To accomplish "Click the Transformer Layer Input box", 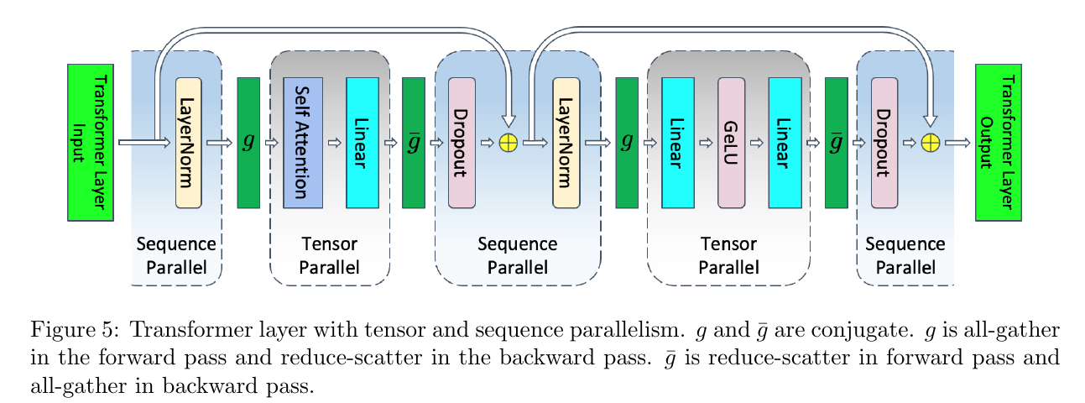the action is tap(91, 143).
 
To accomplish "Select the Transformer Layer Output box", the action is tap(999, 143).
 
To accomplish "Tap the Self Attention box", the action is tap(303, 143).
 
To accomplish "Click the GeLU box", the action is tap(731, 143).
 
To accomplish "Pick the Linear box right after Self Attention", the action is tap(363, 143).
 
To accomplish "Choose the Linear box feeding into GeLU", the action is tap(678, 143).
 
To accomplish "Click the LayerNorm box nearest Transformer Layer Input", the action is tap(189, 143).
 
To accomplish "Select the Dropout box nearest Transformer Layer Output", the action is tap(884, 143).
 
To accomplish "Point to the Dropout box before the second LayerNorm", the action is tap(462, 143).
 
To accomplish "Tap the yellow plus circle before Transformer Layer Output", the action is tap(930, 143).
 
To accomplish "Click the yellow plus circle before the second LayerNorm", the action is tap(509, 143).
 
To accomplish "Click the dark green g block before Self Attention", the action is tap(248, 143).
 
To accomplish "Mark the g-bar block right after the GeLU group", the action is tap(837, 143).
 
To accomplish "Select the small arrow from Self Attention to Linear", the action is tap(335, 143).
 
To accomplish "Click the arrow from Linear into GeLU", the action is tap(707, 143).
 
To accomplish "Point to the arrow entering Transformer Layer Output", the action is tap(957, 143).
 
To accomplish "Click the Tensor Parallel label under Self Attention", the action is tap(330, 256).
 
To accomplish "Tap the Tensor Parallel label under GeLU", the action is tap(728, 256).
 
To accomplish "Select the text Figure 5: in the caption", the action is tap(74, 330).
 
